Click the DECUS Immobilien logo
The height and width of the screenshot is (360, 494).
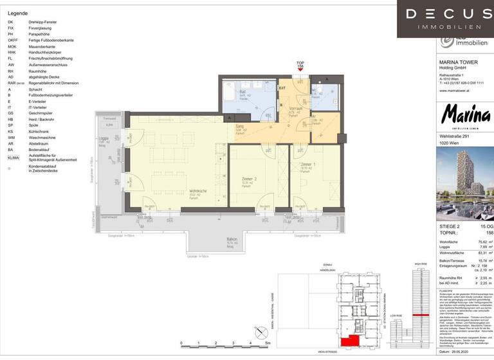click(x=448, y=19)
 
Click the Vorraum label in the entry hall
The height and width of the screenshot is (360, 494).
click(x=295, y=108)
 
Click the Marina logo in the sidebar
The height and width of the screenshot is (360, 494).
click(x=465, y=118)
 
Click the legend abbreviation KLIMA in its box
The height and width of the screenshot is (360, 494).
click(x=13, y=157)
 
